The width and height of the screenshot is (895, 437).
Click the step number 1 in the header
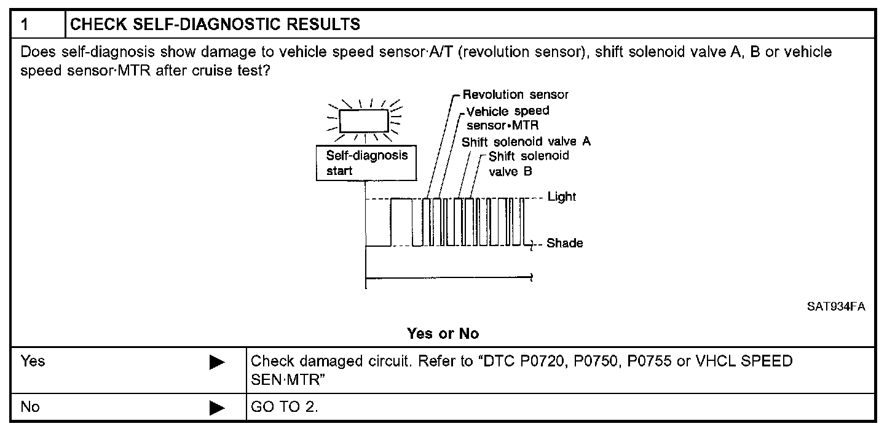[x=25, y=25]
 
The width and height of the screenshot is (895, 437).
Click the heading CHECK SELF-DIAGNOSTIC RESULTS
[x=215, y=25]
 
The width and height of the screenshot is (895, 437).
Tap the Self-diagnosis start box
[x=366, y=163]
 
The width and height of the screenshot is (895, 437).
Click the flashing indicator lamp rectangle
[x=364, y=120]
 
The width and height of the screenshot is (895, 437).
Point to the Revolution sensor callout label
[x=515, y=95]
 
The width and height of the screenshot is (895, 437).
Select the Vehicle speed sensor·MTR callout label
[x=508, y=117]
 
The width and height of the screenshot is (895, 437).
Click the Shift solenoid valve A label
[x=526, y=141]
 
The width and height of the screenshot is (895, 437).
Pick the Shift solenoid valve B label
[x=529, y=164]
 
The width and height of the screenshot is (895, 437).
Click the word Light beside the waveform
[x=561, y=197]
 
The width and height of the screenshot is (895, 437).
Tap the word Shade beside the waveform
[x=564, y=244]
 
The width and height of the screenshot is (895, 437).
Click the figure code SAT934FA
[x=836, y=307]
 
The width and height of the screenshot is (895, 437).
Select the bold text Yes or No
[x=443, y=334]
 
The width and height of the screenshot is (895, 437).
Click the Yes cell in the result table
[x=33, y=361]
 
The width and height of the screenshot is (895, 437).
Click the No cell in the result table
[x=30, y=406]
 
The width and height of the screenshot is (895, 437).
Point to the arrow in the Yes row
[x=217, y=363]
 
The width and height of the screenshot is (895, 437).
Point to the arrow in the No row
[x=217, y=408]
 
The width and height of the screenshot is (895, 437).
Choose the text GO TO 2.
[x=284, y=407]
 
